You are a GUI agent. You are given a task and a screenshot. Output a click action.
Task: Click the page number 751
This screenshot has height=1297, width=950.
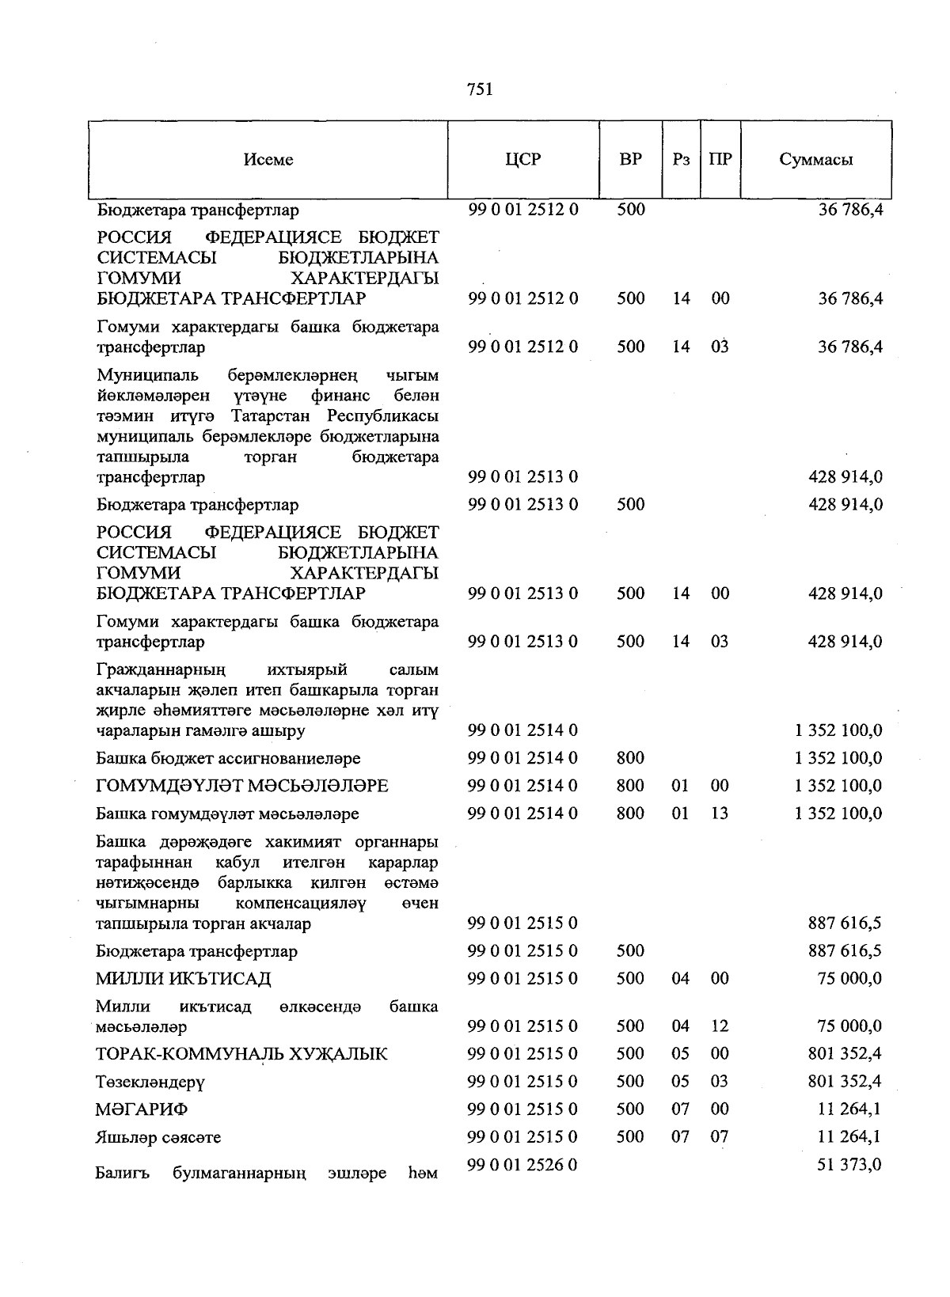(x=481, y=90)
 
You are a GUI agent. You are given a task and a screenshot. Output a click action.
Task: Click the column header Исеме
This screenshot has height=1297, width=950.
(x=268, y=160)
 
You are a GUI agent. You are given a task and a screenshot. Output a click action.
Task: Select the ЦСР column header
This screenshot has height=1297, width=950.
(x=522, y=159)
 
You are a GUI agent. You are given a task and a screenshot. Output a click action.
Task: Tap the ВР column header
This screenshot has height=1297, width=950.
(x=630, y=159)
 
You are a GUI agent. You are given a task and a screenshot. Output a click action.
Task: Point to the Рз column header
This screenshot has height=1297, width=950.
(x=681, y=160)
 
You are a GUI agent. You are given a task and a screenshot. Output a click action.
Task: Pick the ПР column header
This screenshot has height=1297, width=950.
(x=720, y=159)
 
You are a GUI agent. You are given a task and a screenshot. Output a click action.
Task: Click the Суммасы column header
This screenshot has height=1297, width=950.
(x=815, y=160)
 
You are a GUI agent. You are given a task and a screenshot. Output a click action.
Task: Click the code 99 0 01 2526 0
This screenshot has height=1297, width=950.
(x=522, y=1165)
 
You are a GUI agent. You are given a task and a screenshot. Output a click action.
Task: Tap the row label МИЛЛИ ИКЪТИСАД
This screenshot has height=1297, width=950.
(x=184, y=979)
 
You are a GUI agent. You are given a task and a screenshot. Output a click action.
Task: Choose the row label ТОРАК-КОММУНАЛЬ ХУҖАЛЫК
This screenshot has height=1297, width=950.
(x=241, y=1054)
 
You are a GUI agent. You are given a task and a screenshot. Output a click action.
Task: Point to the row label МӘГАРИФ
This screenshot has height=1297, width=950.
(x=142, y=1109)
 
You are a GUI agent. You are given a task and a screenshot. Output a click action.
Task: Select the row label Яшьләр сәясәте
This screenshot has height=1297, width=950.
(x=158, y=1137)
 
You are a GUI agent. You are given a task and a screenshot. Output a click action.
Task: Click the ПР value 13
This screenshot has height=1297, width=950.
(x=720, y=813)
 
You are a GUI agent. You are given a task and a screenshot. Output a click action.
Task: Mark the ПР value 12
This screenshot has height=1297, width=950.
(x=720, y=1026)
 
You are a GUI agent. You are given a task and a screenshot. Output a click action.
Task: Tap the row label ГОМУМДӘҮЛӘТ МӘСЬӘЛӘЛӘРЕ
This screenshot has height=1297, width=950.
(x=242, y=786)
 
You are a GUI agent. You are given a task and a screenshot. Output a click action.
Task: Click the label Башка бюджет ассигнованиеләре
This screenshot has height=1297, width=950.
(x=228, y=758)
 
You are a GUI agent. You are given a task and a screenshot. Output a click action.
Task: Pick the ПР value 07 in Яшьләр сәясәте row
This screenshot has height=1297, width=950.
(x=720, y=1137)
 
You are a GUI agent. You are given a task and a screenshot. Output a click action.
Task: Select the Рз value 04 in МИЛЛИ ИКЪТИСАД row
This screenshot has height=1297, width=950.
(x=680, y=979)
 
